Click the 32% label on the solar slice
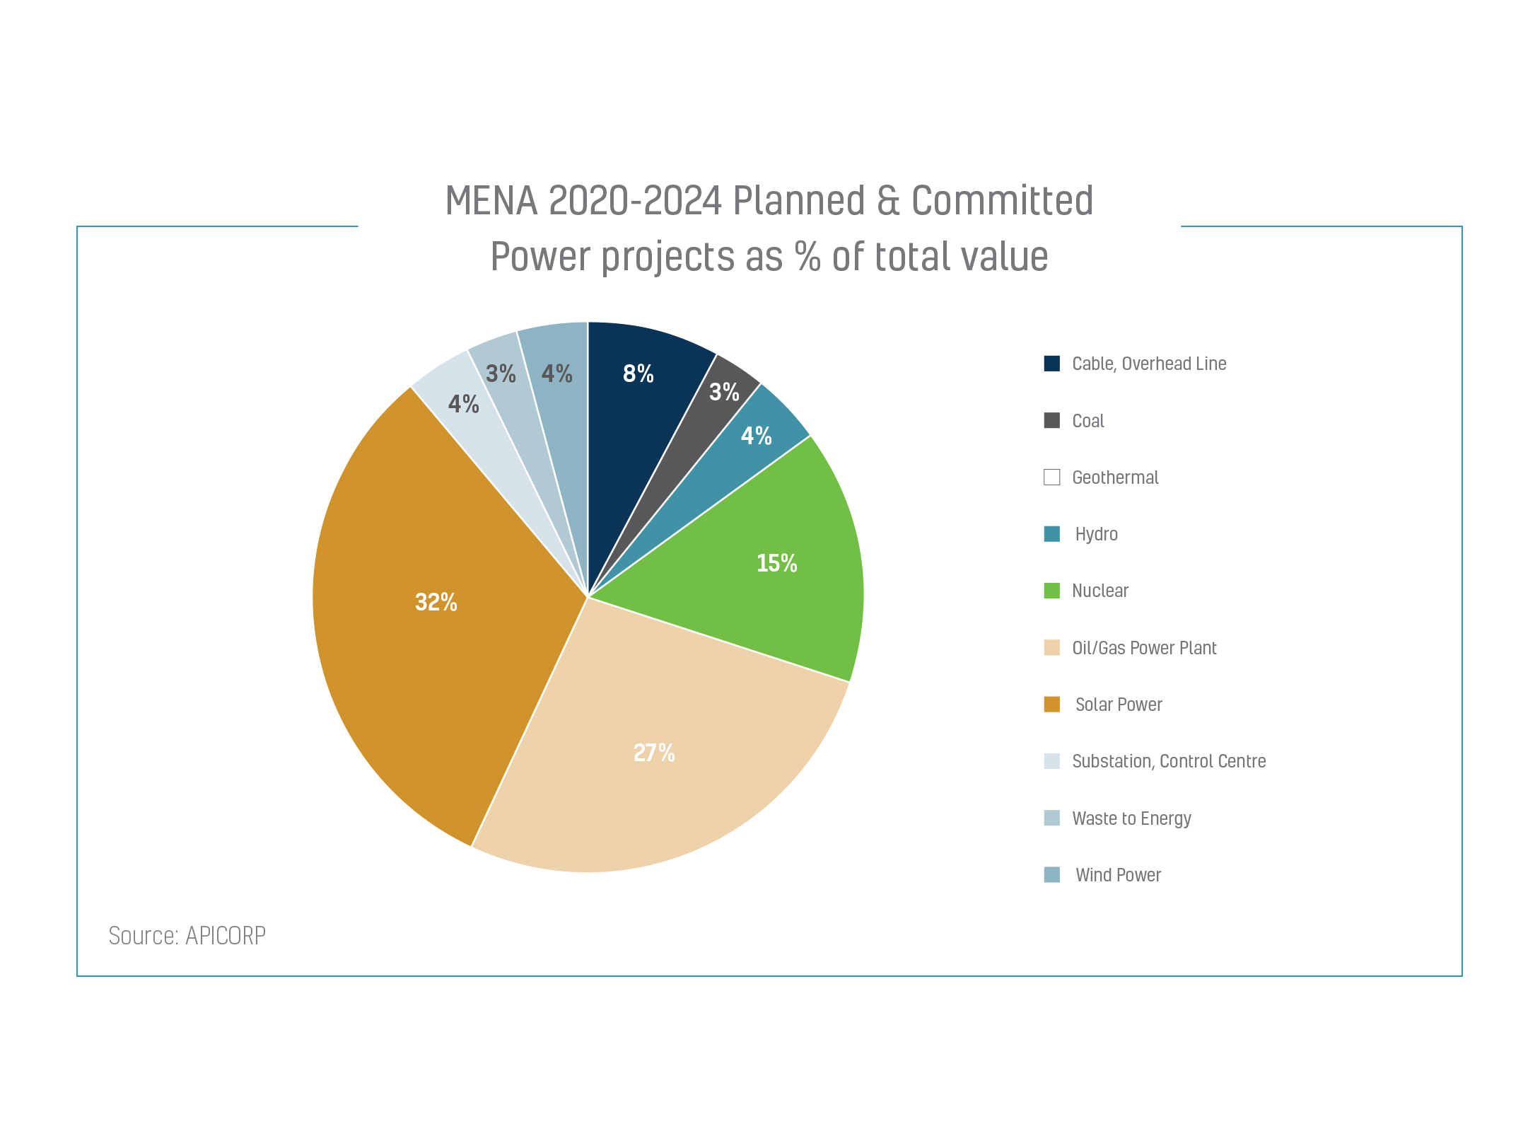point(436,602)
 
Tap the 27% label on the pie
point(654,753)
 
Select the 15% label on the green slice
point(776,563)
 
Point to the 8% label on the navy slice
point(638,373)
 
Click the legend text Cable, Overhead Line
point(1149,364)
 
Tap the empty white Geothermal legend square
point(1051,477)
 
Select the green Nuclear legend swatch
point(1051,591)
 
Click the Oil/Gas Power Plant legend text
point(1144,648)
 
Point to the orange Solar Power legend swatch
point(1051,705)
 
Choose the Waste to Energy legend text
point(1131,818)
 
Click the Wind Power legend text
point(1118,875)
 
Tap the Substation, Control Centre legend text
point(1169,761)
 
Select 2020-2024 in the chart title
point(635,201)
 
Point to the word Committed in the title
point(1002,201)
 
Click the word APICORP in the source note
point(226,936)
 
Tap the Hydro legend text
point(1096,534)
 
